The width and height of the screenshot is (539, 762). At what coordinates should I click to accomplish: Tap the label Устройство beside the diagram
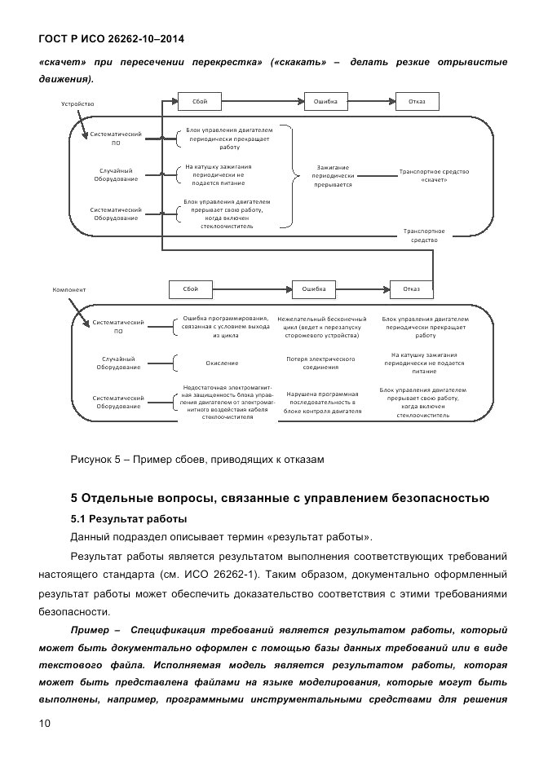pos(78,104)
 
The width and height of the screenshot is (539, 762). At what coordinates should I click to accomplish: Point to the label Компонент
pos(69,289)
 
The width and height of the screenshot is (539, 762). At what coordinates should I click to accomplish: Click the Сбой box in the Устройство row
pos(200,102)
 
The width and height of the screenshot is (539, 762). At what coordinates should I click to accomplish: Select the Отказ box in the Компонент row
pos(412,289)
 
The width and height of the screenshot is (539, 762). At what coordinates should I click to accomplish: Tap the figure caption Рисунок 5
pos(197,460)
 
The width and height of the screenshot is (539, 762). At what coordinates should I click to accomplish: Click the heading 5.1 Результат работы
pos(129,518)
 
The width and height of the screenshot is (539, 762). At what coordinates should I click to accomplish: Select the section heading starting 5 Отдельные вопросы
pos(280,497)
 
